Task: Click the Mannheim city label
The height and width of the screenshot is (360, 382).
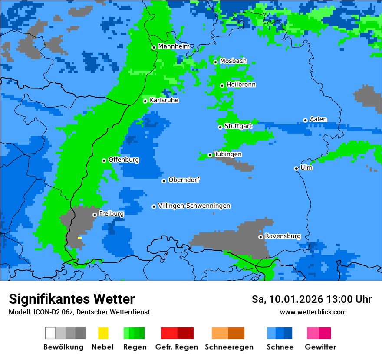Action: pyautogui.click(x=174, y=46)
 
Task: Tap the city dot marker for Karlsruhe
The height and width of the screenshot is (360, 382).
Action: pyautogui.click(x=145, y=101)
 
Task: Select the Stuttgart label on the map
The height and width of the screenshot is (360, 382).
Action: pyautogui.click(x=238, y=126)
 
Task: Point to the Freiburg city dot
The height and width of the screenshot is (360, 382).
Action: pyautogui.click(x=95, y=215)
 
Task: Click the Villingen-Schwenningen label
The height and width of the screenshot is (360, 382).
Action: pyautogui.click(x=194, y=206)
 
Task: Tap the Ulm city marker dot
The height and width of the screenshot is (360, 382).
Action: pyautogui.click(x=296, y=168)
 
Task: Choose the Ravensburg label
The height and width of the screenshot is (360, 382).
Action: pyautogui.click(x=283, y=236)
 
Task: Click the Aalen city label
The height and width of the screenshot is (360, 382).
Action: pyautogui.click(x=318, y=119)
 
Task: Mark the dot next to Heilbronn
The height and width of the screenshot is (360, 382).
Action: pyautogui.click(x=222, y=85)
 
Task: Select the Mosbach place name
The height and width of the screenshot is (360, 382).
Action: pyautogui.click(x=233, y=61)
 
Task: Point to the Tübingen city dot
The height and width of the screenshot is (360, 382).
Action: pyautogui.click(x=210, y=155)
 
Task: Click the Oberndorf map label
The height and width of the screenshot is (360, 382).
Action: pyautogui.click(x=184, y=180)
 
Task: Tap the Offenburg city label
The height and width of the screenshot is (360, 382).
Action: pyautogui.click(x=124, y=160)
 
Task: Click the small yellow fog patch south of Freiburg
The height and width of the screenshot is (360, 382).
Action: pyautogui.click(x=79, y=238)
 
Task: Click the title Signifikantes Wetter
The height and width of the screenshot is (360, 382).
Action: pyautogui.click(x=72, y=299)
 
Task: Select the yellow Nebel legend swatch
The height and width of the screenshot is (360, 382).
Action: pyautogui.click(x=103, y=333)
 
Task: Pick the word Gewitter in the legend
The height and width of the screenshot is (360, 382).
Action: pyautogui.click(x=320, y=347)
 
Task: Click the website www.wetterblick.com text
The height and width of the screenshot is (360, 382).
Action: pyautogui.click(x=313, y=312)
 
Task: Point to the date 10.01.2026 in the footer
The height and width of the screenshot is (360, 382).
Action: pyautogui.click(x=293, y=299)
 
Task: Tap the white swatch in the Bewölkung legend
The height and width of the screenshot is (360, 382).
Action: pyautogui.click(x=50, y=333)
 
